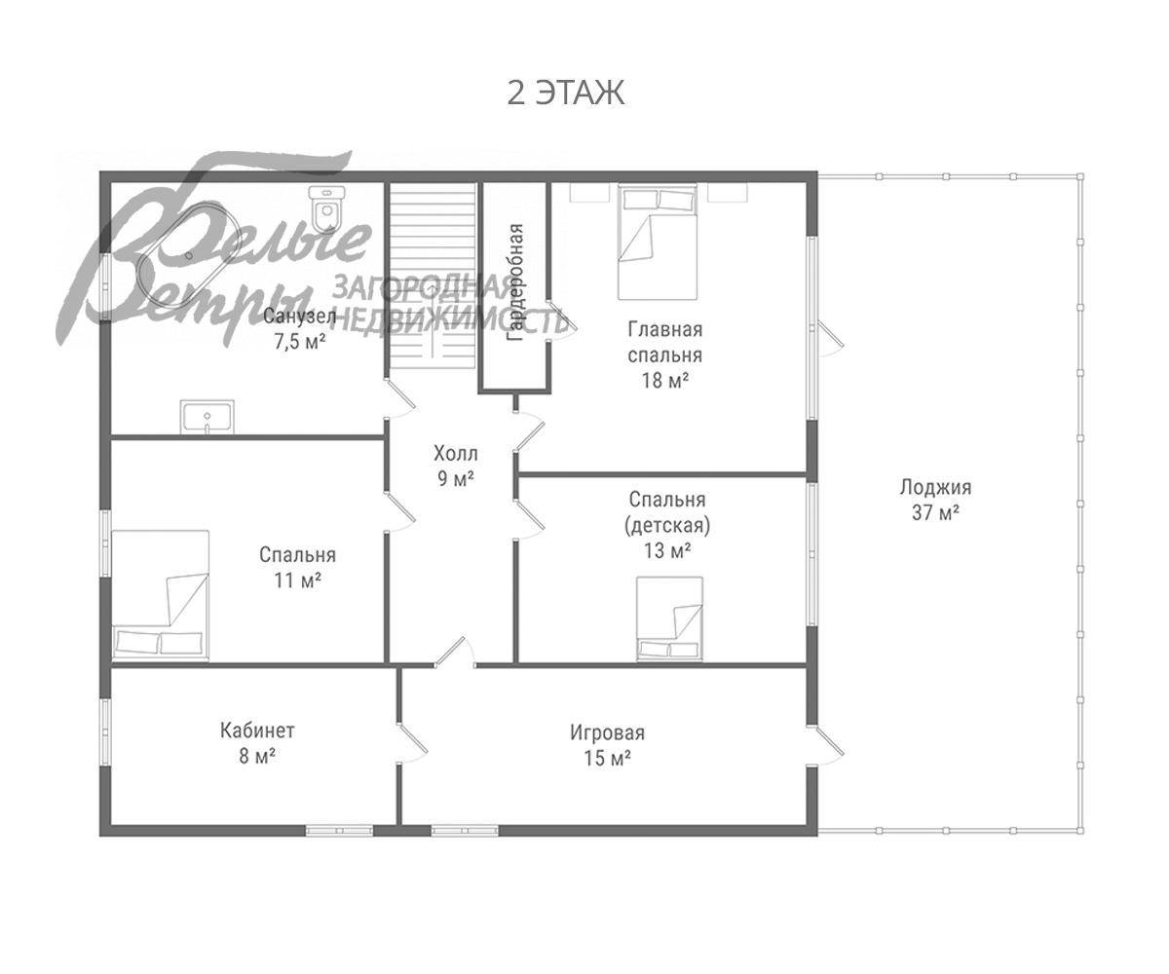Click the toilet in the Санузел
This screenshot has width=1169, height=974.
(x=326, y=210)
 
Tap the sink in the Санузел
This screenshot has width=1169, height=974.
(x=207, y=417)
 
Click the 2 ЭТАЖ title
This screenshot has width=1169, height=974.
(x=565, y=93)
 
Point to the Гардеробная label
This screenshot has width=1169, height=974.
(x=515, y=282)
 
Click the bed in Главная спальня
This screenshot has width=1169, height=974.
(x=658, y=243)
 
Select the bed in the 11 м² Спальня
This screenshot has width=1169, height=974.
(x=161, y=594)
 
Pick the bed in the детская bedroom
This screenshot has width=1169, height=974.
(x=669, y=618)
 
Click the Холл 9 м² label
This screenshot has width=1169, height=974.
(x=455, y=467)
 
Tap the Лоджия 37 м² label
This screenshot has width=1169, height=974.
(x=935, y=500)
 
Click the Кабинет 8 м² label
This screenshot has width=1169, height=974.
(x=257, y=743)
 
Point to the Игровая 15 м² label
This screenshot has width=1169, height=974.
(x=608, y=745)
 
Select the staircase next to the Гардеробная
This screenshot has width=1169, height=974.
(x=433, y=276)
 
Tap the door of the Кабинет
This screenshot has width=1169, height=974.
(x=413, y=741)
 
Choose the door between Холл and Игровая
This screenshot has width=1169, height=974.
(x=456, y=653)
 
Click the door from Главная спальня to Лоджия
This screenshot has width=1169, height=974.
(x=826, y=338)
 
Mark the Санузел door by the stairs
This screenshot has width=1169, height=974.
(x=400, y=398)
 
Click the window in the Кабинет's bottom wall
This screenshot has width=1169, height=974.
(x=339, y=831)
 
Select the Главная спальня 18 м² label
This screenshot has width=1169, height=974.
(x=664, y=355)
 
